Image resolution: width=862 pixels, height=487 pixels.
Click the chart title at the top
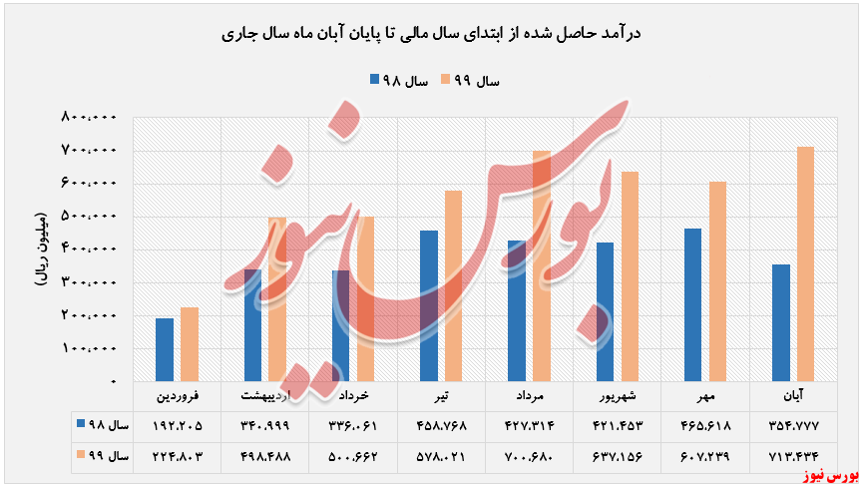(x=430, y=34)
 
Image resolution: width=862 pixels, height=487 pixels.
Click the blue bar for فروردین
(x=165, y=349)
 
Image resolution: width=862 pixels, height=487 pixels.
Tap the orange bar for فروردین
(x=189, y=344)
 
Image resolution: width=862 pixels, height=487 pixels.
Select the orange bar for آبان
(x=805, y=264)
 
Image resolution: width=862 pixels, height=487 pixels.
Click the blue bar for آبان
(x=781, y=323)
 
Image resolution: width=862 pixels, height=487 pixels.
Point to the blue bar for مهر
(x=693, y=305)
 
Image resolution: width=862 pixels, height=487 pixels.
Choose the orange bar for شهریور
(x=629, y=277)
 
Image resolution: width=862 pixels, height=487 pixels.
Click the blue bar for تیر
(x=429, y=306)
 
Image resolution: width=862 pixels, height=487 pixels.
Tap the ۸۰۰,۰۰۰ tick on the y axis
(x=91, y=118)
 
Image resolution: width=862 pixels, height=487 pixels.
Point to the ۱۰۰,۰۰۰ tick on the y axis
(x=91, y=349)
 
